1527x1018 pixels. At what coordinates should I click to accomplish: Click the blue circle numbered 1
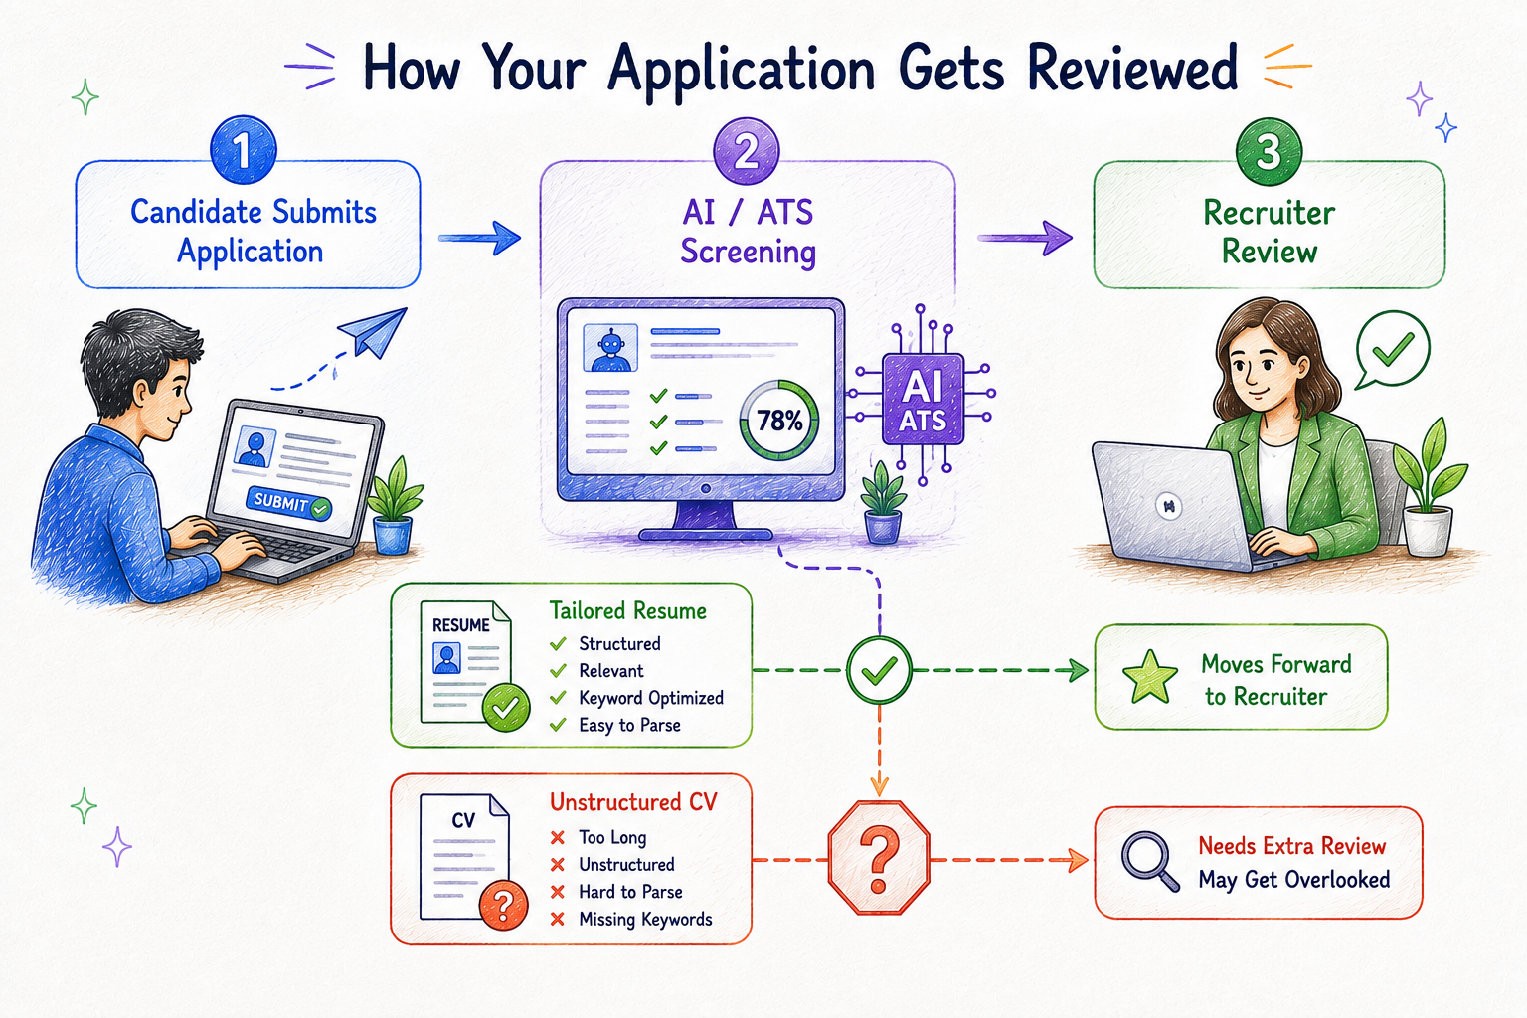click(x=244, y=150)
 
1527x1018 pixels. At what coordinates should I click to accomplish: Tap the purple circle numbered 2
click(x=746, y=151)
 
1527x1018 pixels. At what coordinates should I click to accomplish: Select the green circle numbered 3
click(x=1269, y=151)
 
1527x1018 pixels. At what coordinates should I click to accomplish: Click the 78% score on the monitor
click(x=779, y=420)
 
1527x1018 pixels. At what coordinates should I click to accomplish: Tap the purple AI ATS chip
click(x=923, y=399)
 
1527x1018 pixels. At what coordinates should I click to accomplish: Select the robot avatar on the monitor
click(x=610, y=348)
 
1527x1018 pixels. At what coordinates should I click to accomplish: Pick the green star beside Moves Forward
click(x=1150, y=677)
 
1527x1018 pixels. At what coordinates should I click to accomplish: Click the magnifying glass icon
click(x=1150, y=861)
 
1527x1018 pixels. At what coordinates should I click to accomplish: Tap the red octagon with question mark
click(x=879, y=858)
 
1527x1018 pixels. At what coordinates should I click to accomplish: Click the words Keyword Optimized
click(x=651, y=698)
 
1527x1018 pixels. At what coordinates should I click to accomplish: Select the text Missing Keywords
click(x=645, y=920)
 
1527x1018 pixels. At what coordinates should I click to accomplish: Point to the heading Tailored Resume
click(x=628, y=610)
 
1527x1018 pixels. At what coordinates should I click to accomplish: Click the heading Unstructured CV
click(x=633, y=802)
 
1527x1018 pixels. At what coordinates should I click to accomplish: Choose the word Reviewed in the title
click(x=1132, y=69)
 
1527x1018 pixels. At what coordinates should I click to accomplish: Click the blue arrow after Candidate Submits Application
click(x=479, y=238)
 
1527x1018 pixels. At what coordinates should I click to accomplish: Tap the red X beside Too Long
click(x=558, y=837)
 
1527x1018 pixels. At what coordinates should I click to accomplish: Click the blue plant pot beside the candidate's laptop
click(x=393, y=535)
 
